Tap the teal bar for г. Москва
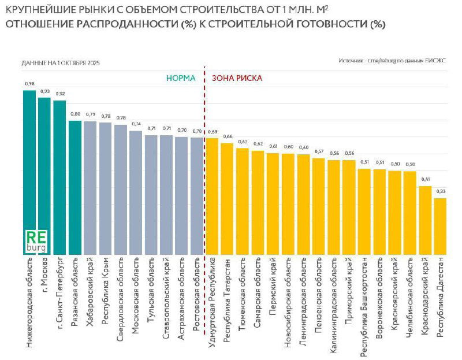pyautogui.click(x=44, y=173)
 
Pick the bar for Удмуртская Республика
pyautogui.click(x=212, y=196)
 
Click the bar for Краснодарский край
pyautogui.click(x=425, y=220)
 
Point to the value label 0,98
pyautogui.click(x=29, y=84)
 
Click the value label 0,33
pyautogui.click(x=440, y=191)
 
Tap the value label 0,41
pyautogui.click(x=425, y=179)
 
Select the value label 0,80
pyautogui.click(x=75, y=114)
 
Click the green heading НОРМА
pyautogui.click(x=181, y=77)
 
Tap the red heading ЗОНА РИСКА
pyautogui.click(x=237, y=77)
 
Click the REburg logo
pyautogui.click(x=36, y=241)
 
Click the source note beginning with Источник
pyautogui.click(x=392, y=60)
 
